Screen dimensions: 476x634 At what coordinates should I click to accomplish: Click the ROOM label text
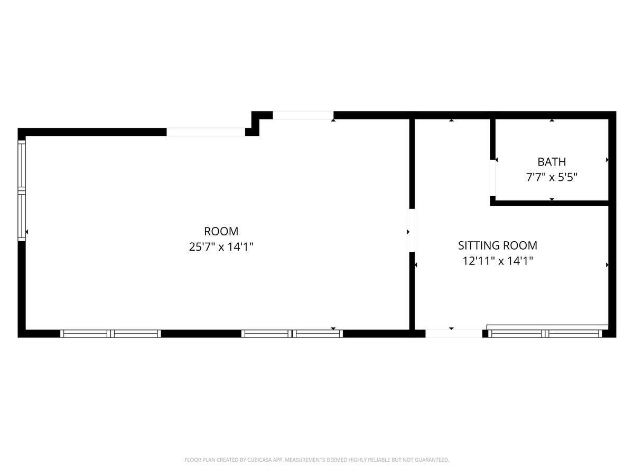coord(221,231)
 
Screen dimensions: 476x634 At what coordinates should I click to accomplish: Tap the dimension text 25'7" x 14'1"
coord(221,246)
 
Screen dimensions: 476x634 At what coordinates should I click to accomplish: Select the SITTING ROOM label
coord(497,245)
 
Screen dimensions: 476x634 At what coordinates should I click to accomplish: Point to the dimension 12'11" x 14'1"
coord(497,261)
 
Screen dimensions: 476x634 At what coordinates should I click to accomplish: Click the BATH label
coord(552,162)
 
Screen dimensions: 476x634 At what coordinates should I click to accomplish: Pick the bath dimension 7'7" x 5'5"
coord(552,177)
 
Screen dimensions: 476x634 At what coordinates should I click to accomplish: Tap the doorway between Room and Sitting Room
coord(412,230)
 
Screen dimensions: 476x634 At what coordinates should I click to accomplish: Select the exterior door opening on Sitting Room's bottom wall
coord(454,334)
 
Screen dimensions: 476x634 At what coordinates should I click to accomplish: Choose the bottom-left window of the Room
coord(110,334)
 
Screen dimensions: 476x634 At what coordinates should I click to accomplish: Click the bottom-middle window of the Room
coord(292,334)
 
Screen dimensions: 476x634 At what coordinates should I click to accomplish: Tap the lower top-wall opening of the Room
coord(206,132)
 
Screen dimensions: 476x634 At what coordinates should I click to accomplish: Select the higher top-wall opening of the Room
coord(303,115)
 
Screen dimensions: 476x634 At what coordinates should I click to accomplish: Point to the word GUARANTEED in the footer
coord(430,460)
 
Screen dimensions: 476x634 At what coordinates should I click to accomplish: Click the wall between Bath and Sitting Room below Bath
coord(549,203)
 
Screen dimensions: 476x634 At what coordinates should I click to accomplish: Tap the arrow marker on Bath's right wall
coord(607,160)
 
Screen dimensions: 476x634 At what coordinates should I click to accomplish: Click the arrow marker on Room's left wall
coord(27,232)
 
